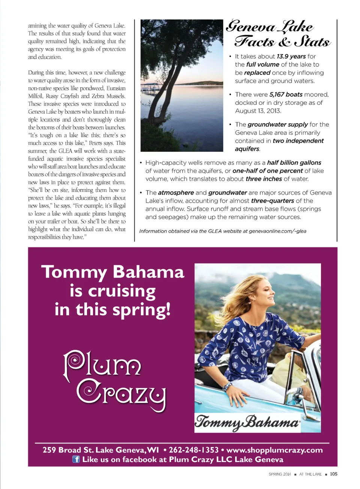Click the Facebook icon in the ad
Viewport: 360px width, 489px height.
(76, 459)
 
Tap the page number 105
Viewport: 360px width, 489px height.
(333, 474)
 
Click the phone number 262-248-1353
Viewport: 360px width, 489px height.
(193, 450)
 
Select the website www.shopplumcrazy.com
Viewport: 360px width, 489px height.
(274, 450)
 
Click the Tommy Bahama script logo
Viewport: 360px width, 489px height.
(247, 422)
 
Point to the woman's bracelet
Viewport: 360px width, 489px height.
(227, 386)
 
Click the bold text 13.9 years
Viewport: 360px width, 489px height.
(291, 56)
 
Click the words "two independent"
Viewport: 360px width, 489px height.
(298, 141)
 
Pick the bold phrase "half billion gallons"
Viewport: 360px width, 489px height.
(294, 163)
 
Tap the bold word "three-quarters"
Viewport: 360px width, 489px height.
(273, 201)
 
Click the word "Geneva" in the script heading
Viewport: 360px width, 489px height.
(251, 26)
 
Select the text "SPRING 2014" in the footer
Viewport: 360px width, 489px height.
(280, 474)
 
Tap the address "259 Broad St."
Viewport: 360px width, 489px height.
(68, 450)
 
